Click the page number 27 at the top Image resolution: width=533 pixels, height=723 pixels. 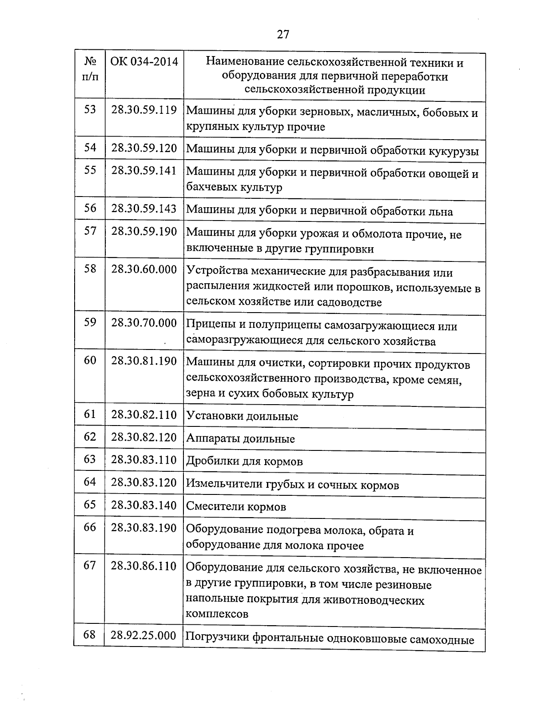[x=283, y=34]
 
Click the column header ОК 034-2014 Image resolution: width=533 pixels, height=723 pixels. [x=144, y=61]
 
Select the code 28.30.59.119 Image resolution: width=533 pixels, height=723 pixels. [x=144, y=110]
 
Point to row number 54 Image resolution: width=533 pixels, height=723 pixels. [x=90, y=148]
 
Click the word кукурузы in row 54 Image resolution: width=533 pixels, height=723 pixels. [x=453, y=150]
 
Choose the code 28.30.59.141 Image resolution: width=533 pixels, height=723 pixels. [x=144, y=171]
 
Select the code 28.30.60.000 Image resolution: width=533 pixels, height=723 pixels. [x=144, y=269]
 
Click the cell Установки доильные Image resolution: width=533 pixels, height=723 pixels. [x=242, y=417]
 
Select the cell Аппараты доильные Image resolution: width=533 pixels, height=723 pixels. [x=240, y=439]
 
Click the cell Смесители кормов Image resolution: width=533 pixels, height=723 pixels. [x=236, y=507]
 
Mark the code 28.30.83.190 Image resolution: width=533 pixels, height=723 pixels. [x=144, y=528]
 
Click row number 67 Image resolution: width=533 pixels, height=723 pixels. [x=90, y=566]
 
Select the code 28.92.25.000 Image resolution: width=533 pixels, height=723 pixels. [x=143, y=635]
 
